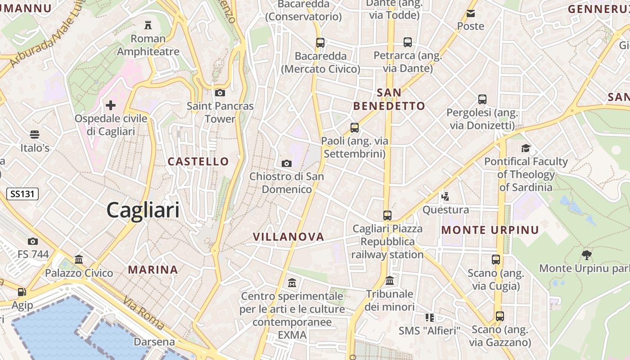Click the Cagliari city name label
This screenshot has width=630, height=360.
pyautogui.click(x=143, y=210)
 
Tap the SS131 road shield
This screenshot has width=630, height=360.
pyautogui.click(x=22, y=194)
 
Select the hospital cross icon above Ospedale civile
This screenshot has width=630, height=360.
pyautogui.click(x=111, y=105)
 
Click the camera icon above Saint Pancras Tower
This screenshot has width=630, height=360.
pyautogui.click(x=220, y=93)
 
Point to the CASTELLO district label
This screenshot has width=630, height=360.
pyautogui.click(x=198, y=162)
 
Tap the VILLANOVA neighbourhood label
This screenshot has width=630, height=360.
pyautogui.click(x=288, y=237)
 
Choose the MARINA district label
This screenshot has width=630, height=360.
pyautogui.click(x=153, y=270)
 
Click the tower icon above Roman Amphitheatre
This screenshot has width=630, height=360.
pyautogui.click(x=148, y=25)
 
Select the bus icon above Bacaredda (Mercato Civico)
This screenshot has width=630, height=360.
pyautogui.click(x=320, y=43)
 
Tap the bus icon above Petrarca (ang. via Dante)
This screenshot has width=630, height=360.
pyautogui.click(x=408, y=42)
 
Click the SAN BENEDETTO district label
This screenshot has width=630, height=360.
pyautogui.click(x=389, y=99)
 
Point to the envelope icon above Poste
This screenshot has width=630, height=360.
pyautogui.click(x=471, y=13)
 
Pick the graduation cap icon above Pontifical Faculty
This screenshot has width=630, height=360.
pyautogui.click(x=526, y=148)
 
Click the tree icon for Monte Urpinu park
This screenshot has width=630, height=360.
pyautogui.click(x=586, y=255)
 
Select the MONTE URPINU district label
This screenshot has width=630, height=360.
pyautogui.click(x=490, y=230)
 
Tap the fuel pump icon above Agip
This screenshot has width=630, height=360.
pyautogui.click(x=22, y=292)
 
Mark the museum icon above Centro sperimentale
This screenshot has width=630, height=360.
pyautogui.click(x=292, y=283)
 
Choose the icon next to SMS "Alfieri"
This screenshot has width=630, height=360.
pyautogui.click(x=430, y=318)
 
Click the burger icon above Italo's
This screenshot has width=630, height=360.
pyautogui.click(x=35, y=135)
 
